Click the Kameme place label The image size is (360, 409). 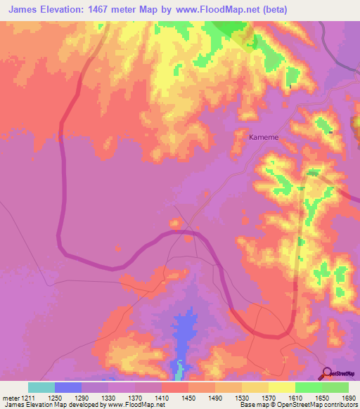click(264, 138)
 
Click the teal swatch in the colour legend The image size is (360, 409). click(41, 387)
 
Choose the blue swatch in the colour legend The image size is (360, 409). click(68, 387)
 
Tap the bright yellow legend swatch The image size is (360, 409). click(281, 387)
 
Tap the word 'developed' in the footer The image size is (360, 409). click(87, 405)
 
